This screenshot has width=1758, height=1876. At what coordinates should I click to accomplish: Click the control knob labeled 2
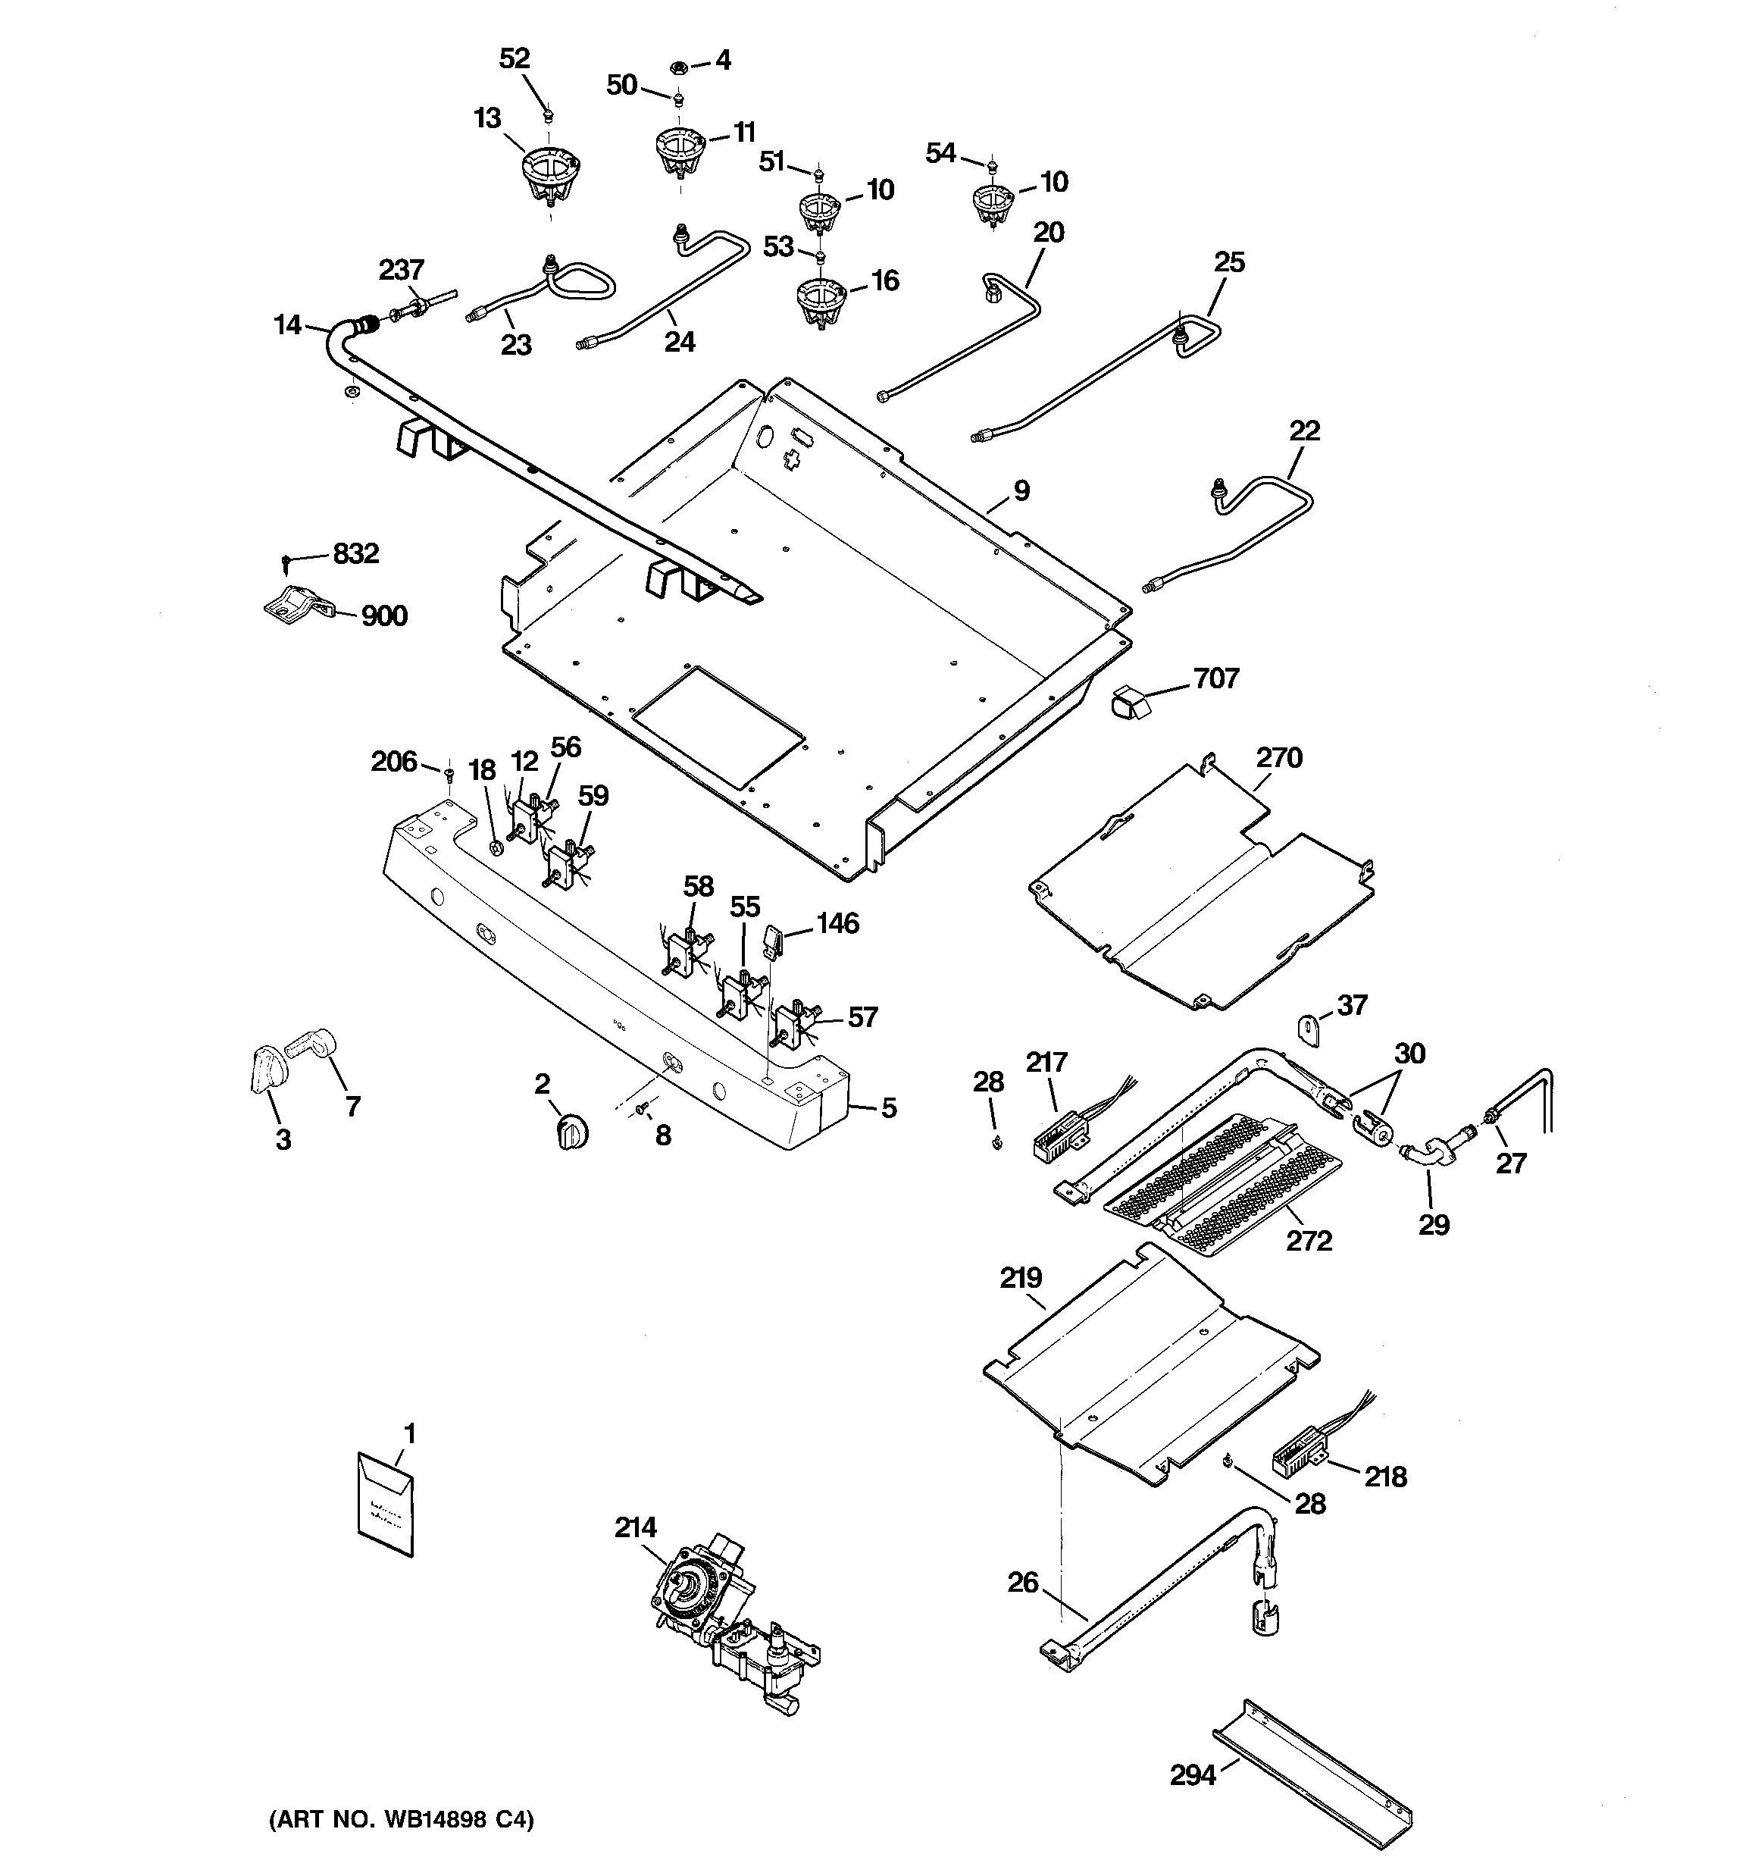tap(573, 1129)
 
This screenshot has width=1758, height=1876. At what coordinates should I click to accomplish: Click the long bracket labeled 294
tap(1312, 1775)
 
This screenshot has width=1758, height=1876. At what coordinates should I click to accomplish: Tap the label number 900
tap(384, 616)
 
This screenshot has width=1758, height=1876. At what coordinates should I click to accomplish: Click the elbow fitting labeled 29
tap(1426, 1155)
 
